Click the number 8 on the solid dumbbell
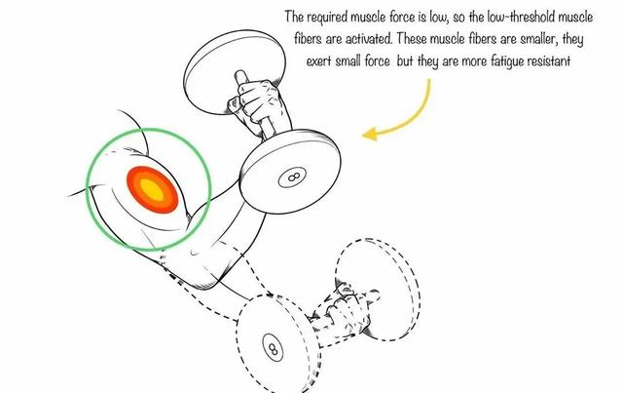(x=290, y=178)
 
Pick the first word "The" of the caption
(x=295, y=18)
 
